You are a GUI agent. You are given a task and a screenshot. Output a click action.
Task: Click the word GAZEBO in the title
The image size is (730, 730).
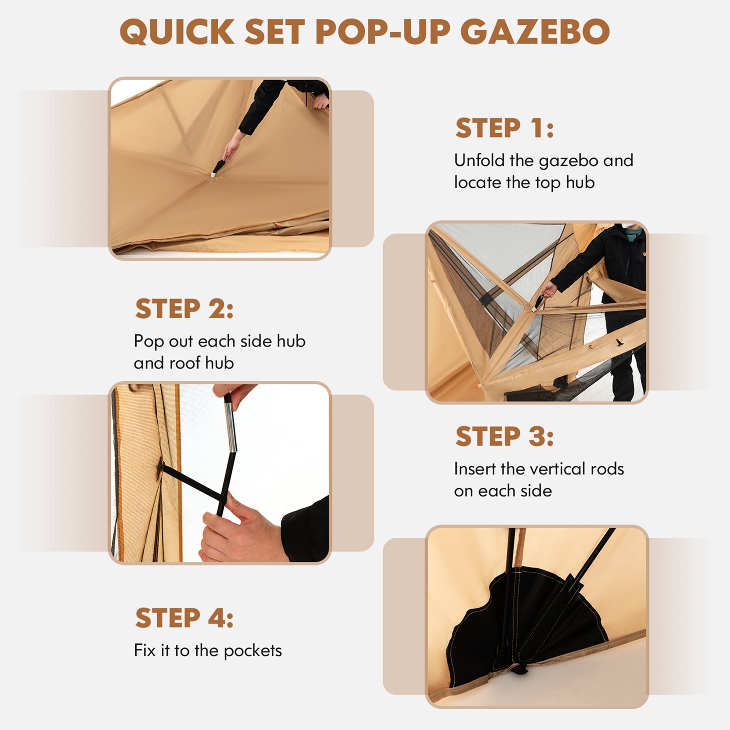pos(535,32)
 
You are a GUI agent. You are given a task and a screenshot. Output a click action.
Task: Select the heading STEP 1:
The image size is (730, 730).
pos(504,128)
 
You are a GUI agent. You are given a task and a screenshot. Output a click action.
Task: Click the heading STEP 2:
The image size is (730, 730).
pos(184,309)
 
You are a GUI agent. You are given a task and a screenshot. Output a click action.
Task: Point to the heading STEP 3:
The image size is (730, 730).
pos(504,437)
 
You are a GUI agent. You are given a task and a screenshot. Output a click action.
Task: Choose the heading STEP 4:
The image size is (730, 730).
pos(184,618)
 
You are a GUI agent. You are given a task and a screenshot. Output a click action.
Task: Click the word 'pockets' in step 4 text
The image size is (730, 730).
pos(253,651)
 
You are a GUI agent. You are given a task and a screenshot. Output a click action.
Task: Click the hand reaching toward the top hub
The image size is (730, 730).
pos(232,146)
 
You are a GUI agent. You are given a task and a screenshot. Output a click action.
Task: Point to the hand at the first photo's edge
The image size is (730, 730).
pos(321,101)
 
